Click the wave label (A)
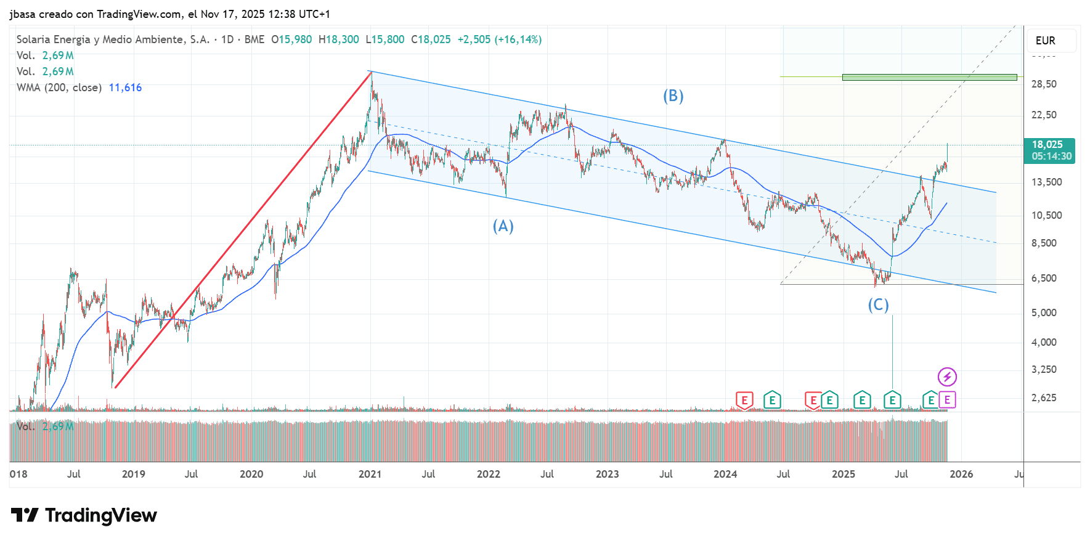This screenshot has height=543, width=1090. click(x=503, y=226)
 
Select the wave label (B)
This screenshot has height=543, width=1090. click(x=673, y=96)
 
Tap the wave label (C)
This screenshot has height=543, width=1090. click(x=878, y=304)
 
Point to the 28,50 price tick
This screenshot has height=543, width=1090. click(x=1044, y=84)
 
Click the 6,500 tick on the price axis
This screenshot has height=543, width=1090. click(x=1044, y=278)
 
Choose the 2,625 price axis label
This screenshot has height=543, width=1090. click(x=1044, y=398)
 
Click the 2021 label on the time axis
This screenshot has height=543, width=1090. click(x=370, y=474)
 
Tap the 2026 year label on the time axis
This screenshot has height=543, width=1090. click(x=961, y=474)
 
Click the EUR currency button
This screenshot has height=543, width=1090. click(x=1046, y=41)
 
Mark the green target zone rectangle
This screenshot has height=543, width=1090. click(x=929, y=78)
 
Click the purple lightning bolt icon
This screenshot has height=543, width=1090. click(x=947, y=377)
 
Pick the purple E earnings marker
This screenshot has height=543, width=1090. click(x=947, y=400)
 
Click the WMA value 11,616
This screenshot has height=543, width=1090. click(x=125, y=88)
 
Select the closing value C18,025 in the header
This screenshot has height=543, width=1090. click(x=431, y=39)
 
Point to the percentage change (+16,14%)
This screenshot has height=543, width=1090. click(x=518, y=39)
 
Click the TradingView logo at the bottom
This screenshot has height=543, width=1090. click(x=84, y=515)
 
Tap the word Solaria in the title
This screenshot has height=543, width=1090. click(x=33, y=39)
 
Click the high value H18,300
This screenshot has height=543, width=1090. click(x=338, y=39)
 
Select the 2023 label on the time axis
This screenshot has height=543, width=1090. click(x=607, y=474)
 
